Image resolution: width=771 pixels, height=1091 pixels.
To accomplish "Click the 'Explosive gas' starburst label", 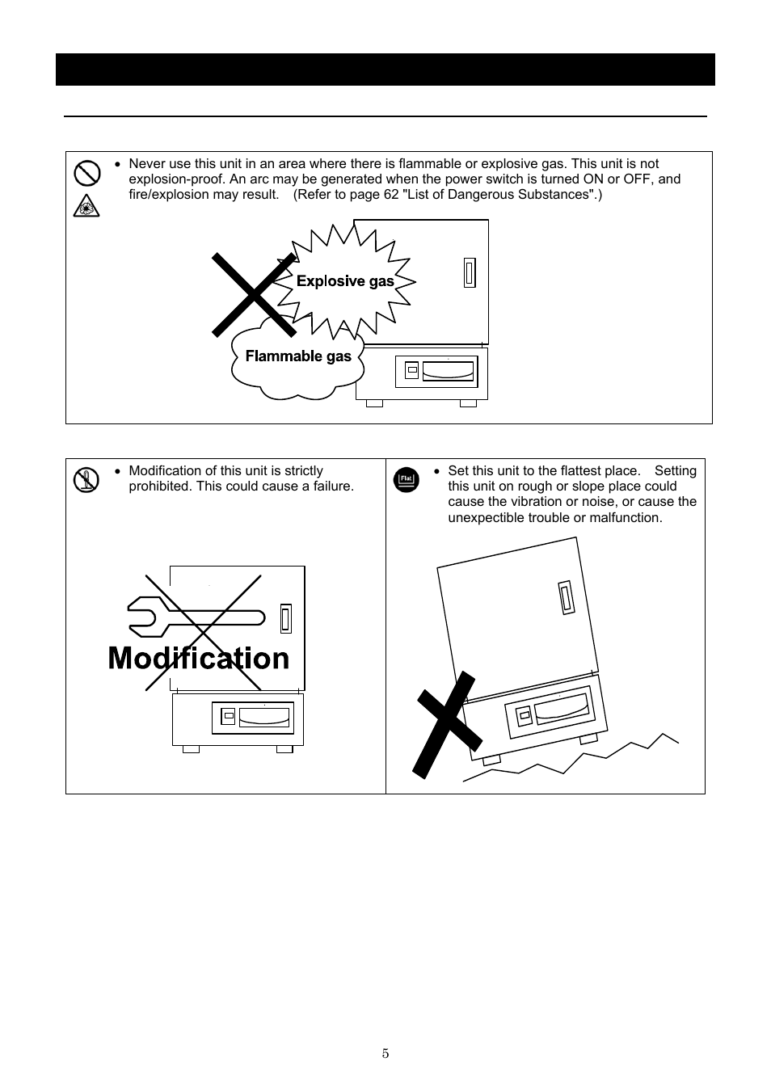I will (345, 281).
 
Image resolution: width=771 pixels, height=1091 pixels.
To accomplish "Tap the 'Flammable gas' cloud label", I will (298, 356).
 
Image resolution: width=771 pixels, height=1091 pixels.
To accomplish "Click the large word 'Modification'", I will (199, 659).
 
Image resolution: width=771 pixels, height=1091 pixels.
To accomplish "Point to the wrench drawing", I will (194, 618).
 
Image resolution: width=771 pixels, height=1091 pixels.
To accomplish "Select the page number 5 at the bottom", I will (385, 1053).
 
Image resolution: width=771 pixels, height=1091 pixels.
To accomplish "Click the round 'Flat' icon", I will (407, 480).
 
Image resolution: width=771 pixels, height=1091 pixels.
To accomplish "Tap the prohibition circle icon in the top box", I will (86, 173).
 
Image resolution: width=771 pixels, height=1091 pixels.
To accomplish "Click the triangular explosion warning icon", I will (86, 207).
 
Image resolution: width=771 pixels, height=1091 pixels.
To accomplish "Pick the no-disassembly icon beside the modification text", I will (86, 480).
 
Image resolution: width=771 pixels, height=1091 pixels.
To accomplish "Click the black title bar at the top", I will (385, 70).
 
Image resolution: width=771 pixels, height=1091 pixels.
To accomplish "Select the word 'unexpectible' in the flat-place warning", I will (486, 518).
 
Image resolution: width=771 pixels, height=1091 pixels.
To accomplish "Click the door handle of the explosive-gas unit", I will (469, 272).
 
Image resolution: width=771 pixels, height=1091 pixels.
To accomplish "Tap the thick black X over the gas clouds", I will (254, 294).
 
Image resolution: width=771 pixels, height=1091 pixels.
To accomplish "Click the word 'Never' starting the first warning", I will (146, 164).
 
